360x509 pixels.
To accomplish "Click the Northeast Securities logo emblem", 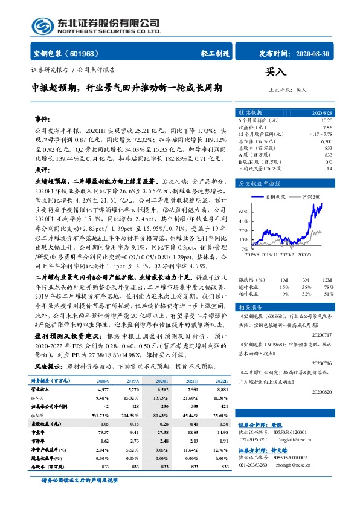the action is pos(40,26).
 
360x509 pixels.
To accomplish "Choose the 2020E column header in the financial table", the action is pos(162,382).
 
